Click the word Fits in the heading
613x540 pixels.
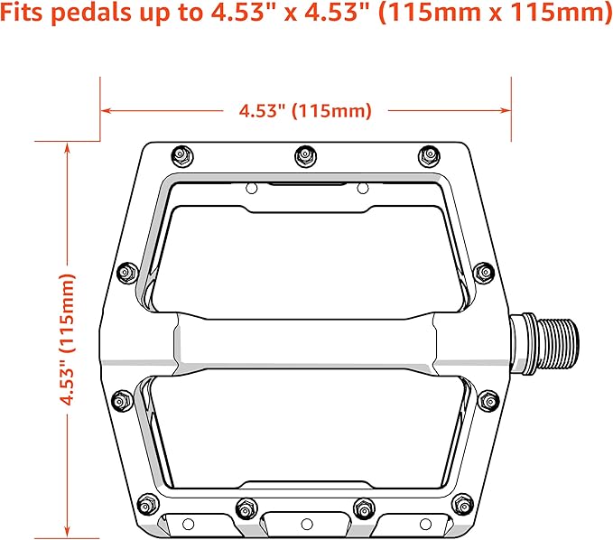click(27, 15)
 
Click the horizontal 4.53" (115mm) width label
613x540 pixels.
click(305, 111)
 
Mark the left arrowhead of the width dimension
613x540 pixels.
click(106, 111)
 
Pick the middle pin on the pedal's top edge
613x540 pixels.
click(303, 157)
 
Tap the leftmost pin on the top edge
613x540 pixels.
click(181, 155)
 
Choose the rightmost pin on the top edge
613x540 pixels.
click(425, 155)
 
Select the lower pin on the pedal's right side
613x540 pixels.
click(488, 398)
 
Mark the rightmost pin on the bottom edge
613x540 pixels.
click(463, 501)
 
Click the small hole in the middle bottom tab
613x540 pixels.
click(306, 525)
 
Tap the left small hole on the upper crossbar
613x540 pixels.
click(252, 188)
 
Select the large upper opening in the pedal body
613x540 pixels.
click(305, 257)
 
